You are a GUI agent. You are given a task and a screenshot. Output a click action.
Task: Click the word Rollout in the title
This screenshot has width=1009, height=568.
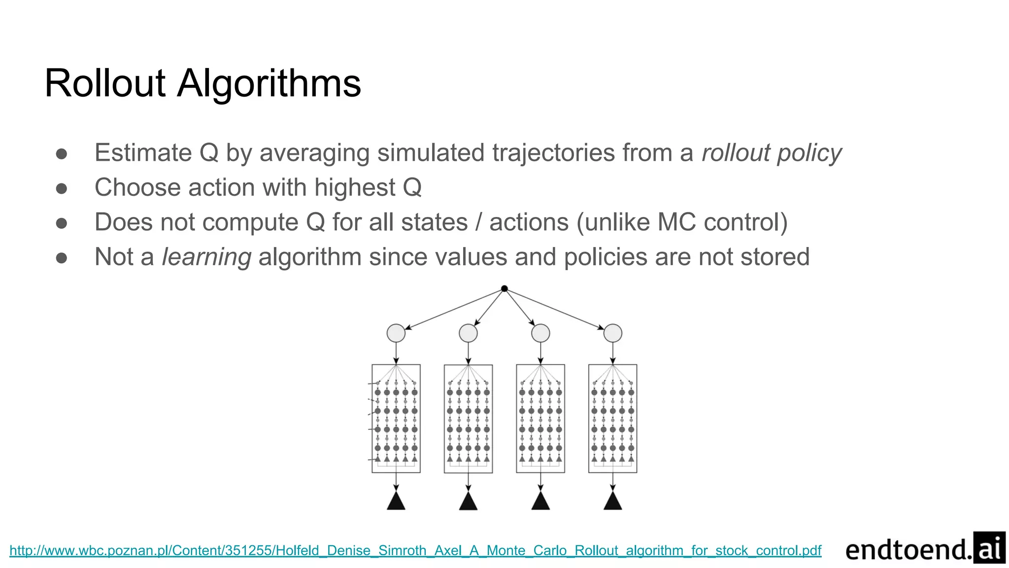(x=105, y=84)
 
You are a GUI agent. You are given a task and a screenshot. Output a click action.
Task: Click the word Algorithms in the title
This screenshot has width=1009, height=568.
(x=269, y=84)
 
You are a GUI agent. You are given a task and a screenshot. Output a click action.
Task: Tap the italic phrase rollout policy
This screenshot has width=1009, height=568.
(x=772, y=153)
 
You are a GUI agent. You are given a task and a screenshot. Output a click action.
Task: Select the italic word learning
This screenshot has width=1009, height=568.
(x=206, y=257)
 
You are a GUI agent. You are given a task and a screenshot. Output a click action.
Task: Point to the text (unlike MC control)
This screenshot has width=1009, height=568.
(x=682, y=222)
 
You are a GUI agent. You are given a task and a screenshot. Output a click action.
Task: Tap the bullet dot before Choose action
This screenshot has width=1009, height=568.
(x=62, y=188)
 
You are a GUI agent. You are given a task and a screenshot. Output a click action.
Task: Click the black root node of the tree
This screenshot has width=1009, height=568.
(x=504, y=289)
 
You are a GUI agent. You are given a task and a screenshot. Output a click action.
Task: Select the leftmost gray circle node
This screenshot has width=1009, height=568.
(x=396, y=333)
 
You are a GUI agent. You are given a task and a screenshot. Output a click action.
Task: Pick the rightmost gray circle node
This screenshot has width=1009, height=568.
(x=612, y=333)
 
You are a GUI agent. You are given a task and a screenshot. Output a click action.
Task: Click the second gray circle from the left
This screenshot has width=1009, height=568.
(x=468, y=333)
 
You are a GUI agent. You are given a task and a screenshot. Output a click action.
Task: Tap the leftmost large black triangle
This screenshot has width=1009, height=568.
(x=396, y=501)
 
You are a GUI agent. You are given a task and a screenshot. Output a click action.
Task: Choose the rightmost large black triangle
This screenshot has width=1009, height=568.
(x=612, y=501)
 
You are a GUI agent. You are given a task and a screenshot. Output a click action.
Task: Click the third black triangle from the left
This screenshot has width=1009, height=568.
(x=540, y=501)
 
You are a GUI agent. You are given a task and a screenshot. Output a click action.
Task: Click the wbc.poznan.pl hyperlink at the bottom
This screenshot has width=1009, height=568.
(x=415, y=550)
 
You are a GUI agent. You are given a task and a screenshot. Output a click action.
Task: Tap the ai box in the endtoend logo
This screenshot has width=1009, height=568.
(x=989, y=548)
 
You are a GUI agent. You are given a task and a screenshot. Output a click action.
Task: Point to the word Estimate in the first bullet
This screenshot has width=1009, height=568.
(x=143, y=153)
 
